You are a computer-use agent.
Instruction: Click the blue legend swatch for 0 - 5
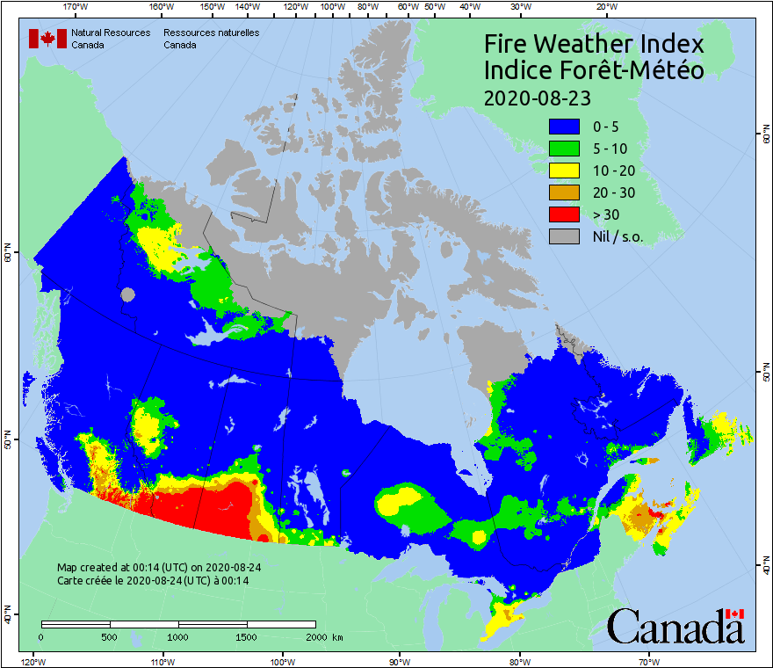click(565, 127)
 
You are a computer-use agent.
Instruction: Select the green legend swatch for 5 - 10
click(565, 149)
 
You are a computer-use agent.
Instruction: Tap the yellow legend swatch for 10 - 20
click(565, 171)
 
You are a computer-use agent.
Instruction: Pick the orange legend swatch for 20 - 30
click(565, 192)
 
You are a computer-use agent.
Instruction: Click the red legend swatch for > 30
click(565, 214)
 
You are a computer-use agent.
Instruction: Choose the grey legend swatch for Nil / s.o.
click(565, 236)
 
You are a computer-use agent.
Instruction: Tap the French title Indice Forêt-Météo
click(594, 70)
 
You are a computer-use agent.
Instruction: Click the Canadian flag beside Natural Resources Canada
click(47, 39)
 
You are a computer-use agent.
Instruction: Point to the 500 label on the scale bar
click(110, 636)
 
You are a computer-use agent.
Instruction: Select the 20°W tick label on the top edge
click(604, 7)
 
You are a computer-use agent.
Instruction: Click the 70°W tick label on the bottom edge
click(648, 661)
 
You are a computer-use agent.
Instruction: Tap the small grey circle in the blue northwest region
click(128, 295)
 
